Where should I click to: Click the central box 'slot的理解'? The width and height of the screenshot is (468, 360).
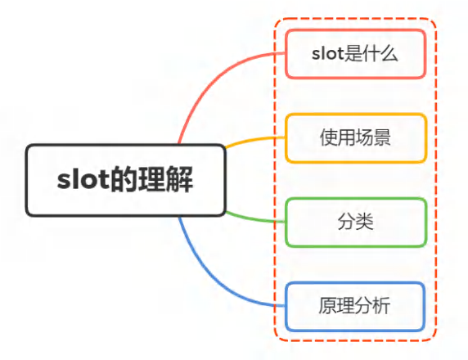pyautogui.click(x=125, y=180)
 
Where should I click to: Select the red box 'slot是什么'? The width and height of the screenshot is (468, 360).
pyautogui.click(x=355, y=54)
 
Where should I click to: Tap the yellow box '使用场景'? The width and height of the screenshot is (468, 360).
pyautogui.click(x=356, y=137)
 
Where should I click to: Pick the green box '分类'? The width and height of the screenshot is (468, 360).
pyautogui.click(x=356, y=222)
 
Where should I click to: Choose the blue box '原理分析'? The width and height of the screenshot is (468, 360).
pyautogui.click(x=355, y=306)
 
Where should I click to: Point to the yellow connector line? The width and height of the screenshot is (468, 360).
pyautogui.click(x=254, y=140)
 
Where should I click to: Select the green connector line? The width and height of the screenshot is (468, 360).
pyautogui.click(x=254, y=218)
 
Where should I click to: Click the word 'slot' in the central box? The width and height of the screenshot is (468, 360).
pyautogui.click(x=83, y=180)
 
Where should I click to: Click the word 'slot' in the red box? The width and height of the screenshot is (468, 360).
pyautogui.click(x=328, y=54)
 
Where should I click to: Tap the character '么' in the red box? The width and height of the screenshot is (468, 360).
pyautogui.click(x=389, y=54)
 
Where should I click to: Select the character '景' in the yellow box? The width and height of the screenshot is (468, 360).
pyautogui.click(x=381, y=137)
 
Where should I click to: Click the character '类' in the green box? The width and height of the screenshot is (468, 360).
pyautogui.click(x=364, y=222)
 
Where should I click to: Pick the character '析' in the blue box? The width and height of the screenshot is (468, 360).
pyautogui.click(x=380, y=306)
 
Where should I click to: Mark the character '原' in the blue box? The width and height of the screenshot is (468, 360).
pyautogui.click(x=328, y=306)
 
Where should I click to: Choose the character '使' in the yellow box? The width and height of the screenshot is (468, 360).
pyautogui.click(x=329, y=137)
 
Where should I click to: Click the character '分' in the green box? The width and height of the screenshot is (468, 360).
pyautogui.click(x=347, y=222)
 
